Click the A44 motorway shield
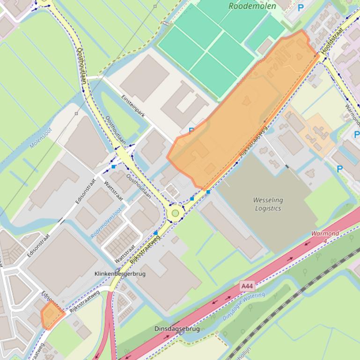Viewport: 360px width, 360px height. pyautogui.click(x=248, y=285)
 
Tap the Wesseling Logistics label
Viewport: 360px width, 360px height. pyautogui.click(x=268, y=204)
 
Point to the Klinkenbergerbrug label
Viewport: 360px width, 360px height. pyautogui.click(x=119, y=274)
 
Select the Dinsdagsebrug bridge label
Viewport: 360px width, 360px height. pyautogui.click(x=177, y=329)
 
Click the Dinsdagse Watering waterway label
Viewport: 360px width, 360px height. pyautogui.click(x=243, y=306)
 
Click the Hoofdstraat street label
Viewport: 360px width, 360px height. pyautogui.click(x=333, y=39)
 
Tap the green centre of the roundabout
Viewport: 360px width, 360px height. pyautogui.click(x=176, y=214)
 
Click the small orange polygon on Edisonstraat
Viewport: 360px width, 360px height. pyautogui.click(x=51, y=315)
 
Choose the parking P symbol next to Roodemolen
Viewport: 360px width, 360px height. pyautogui.click(x=301, y=7)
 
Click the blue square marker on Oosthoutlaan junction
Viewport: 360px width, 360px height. pyautogui.click(x=113, y=166)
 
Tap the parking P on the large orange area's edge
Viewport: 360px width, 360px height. pyautogui.click(x=191, y=130)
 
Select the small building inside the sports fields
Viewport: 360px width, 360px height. pyautogui.click(x=265, y=46)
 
